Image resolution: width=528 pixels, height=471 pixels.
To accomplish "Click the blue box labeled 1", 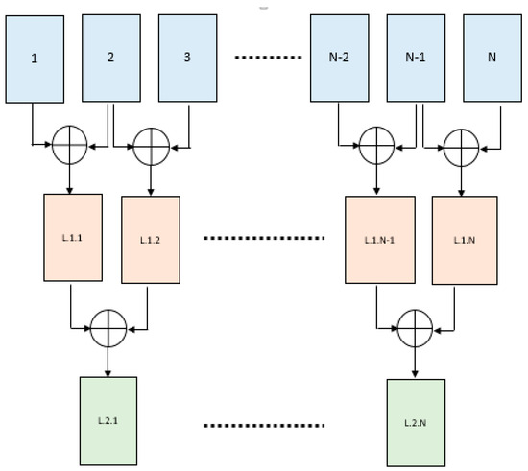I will pos(35,58).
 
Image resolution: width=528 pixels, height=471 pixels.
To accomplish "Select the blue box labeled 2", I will pos(111,57).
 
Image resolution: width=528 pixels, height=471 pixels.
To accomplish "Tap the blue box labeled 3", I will pos(186,57).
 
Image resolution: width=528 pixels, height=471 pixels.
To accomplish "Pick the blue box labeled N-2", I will pos(340,57).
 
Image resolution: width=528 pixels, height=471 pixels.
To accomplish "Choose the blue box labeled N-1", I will pos(416,57).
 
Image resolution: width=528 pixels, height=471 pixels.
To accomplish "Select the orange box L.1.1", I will pos(73,237).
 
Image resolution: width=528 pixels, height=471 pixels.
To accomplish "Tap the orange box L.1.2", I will pos(150,239).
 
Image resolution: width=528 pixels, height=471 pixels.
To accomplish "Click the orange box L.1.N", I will pos(465,239).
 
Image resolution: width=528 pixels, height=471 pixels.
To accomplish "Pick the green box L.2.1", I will pos(107,420).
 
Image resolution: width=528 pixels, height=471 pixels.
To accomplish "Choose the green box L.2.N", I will pos(416,422).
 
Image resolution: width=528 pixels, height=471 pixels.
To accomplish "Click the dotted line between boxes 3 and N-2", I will pos(268,58).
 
